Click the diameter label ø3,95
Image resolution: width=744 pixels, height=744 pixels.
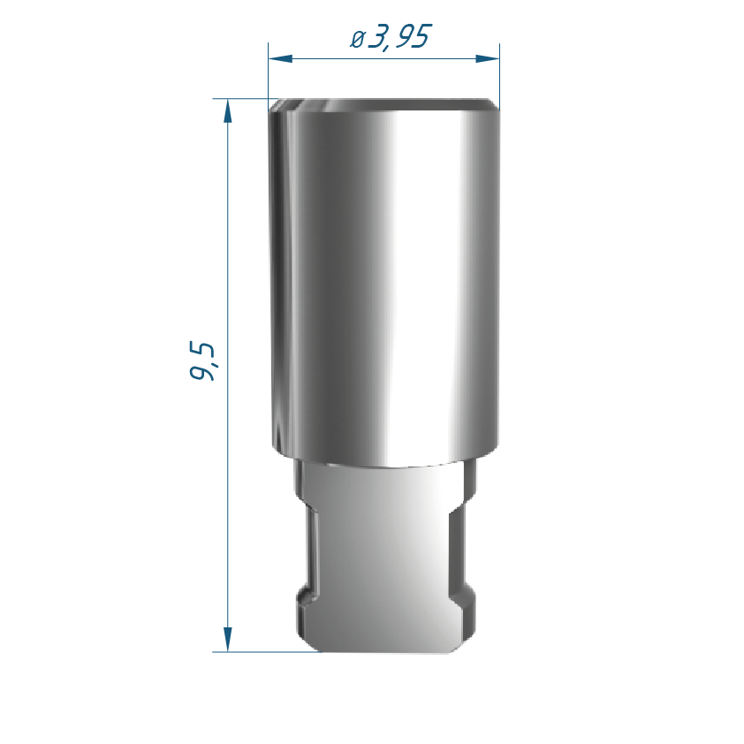click(391, 36)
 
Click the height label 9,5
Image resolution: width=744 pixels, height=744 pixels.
click(202, 361)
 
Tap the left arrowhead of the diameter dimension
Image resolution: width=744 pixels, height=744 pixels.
click(280, 58)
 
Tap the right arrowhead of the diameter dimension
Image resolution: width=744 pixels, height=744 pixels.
click(487, 58)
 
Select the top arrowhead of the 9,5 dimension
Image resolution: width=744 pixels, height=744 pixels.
click(228, 111)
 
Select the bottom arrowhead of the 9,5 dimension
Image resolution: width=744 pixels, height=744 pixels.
click(228, 639)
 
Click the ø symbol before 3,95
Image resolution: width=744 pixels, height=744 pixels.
click(357, 39)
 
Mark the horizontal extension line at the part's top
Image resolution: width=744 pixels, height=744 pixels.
click(246, 99)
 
